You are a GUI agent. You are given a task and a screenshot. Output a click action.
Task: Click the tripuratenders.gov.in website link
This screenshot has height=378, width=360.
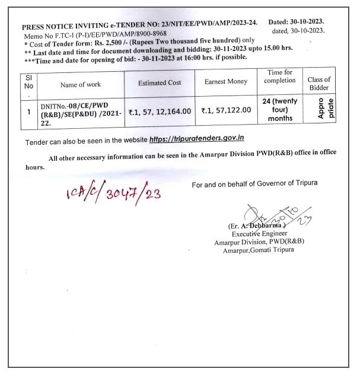click(x=197, y=138)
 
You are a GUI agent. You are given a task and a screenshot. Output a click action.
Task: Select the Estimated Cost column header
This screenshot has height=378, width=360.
click(x=160, y=84)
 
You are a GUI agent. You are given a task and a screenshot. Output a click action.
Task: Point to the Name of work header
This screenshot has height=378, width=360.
click(x=81, y=84)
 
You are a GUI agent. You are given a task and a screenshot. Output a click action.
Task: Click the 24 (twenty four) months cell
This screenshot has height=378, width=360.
click(x=279, y=109)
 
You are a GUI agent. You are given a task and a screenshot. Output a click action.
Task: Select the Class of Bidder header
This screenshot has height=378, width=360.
click(x=318, y=84)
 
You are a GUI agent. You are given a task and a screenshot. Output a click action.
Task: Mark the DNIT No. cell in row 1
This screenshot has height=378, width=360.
click(x=81, y=111)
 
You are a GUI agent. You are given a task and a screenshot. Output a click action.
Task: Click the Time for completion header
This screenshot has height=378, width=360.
click(x=280, y=77)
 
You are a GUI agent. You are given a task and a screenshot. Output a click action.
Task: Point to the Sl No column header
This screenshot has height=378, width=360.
click(x=29, y=84)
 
